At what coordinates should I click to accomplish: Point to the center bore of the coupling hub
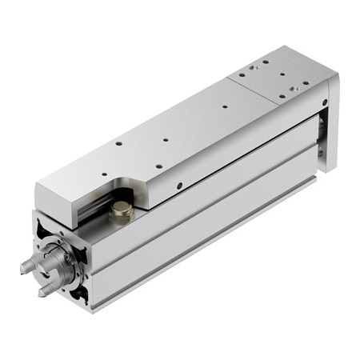coord(58,268)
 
